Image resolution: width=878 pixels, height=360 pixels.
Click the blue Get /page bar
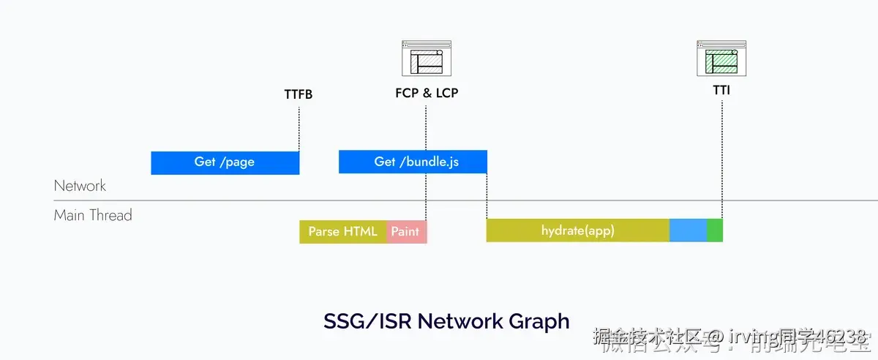(x=225, y=162)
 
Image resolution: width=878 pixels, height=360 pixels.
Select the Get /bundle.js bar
(x=413, y=162)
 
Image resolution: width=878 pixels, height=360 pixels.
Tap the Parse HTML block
(x=342, y=231)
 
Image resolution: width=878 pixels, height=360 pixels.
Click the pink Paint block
(x=405, y=231)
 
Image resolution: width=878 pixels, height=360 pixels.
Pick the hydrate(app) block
(x=577, y=230)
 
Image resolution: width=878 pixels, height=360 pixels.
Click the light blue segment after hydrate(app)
(x=688, y=230)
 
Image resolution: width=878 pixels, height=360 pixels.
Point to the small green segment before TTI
(x=715, y=230)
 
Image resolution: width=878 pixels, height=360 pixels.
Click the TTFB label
(x=299, y=94)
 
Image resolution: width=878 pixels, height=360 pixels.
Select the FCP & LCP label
(x=427, y=94)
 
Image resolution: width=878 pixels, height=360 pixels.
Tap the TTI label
(x=721, y=91)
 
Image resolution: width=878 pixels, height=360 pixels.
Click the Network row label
(x=80, y=186)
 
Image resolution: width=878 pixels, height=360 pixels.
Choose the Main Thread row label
(x=93, y=215)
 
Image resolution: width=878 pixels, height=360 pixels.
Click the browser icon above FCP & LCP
(x=427, y=59)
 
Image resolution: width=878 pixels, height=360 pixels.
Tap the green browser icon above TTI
(x=721, y=59)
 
